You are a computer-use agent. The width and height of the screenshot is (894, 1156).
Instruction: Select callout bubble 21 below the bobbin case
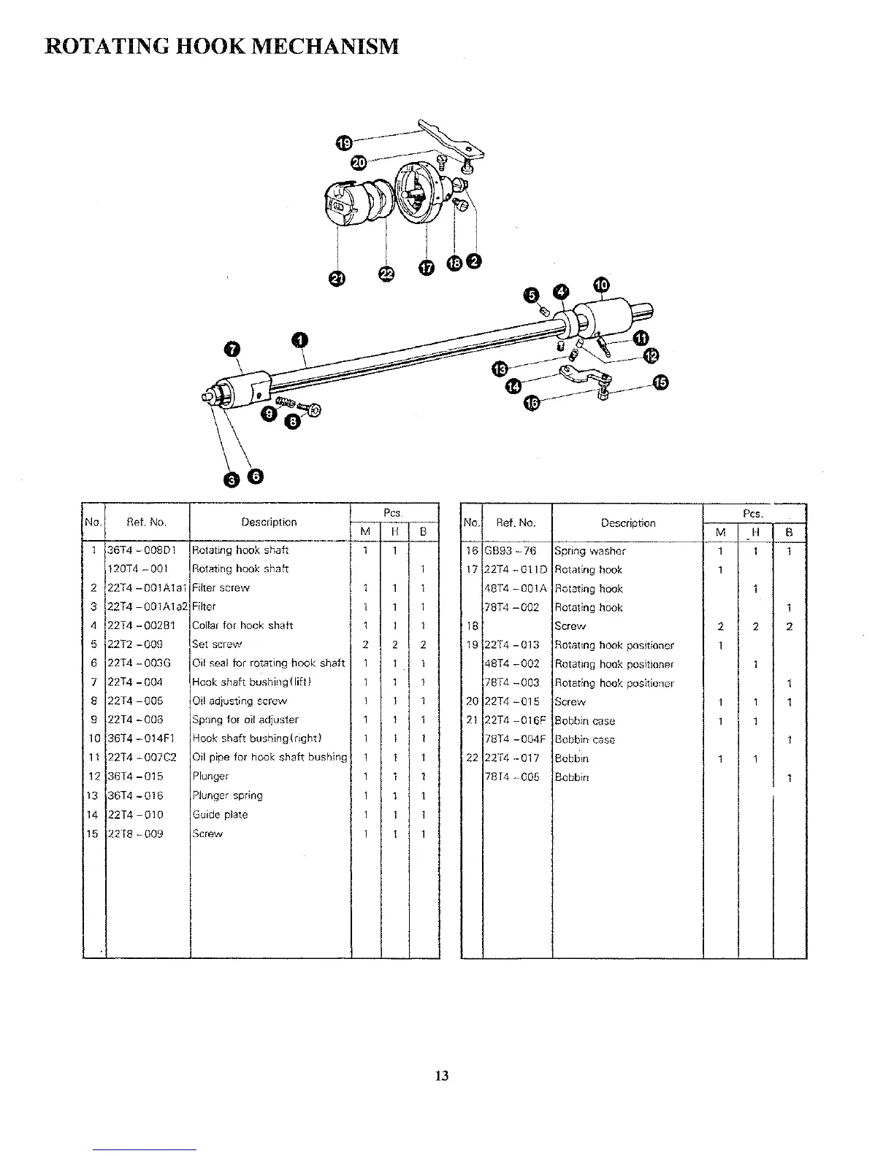click(337, 278)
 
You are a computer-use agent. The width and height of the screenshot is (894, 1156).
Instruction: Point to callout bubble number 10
click(600, 285)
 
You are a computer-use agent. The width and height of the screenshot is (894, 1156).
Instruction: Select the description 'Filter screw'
click(221, 587)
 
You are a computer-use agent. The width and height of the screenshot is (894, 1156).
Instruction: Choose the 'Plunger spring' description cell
click(227, 795)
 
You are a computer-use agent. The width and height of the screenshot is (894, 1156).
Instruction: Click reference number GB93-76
click(511, 551)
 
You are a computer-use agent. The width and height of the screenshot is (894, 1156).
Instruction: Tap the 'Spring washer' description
click(590, 551)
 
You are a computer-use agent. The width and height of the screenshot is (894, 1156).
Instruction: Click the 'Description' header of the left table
click(270, 523)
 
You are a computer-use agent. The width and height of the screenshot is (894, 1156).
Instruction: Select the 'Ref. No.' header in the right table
click(516, 523)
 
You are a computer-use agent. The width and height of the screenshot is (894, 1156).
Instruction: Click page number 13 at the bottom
click(441, 1076)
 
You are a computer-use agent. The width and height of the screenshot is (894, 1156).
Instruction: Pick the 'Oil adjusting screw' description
click(240, 701)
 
